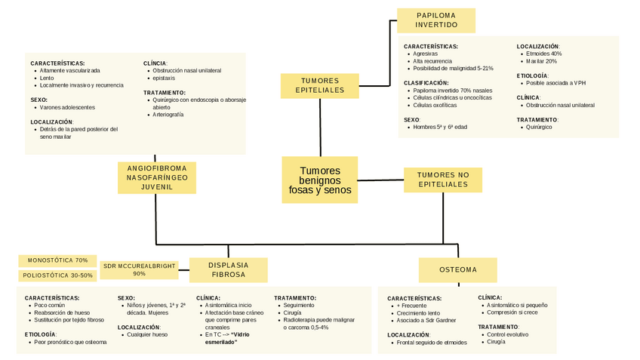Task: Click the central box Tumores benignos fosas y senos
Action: (x=320, y=180)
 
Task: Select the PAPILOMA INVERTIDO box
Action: (x=436, y=20)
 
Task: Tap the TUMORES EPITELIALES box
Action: (x=320, y=85)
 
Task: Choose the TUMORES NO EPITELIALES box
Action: (x=443, y=180)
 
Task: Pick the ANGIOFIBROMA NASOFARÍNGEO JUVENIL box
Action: (x=157, y=177)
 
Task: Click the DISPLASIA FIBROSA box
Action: (x=228, y=269)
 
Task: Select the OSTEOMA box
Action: (x=458, y=269)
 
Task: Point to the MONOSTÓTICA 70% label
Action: (x=58, y=260)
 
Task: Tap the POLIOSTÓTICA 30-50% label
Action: (x=58, y=275)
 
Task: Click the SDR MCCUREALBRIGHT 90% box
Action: (x=139, y=269)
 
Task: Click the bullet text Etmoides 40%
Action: (x=544, y=54)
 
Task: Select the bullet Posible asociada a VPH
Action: (x=555, y=83)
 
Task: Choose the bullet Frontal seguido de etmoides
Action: (x=432, y=343)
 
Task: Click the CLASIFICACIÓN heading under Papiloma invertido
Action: (x=426, y=82)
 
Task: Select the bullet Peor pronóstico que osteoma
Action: (x=72, y=342)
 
